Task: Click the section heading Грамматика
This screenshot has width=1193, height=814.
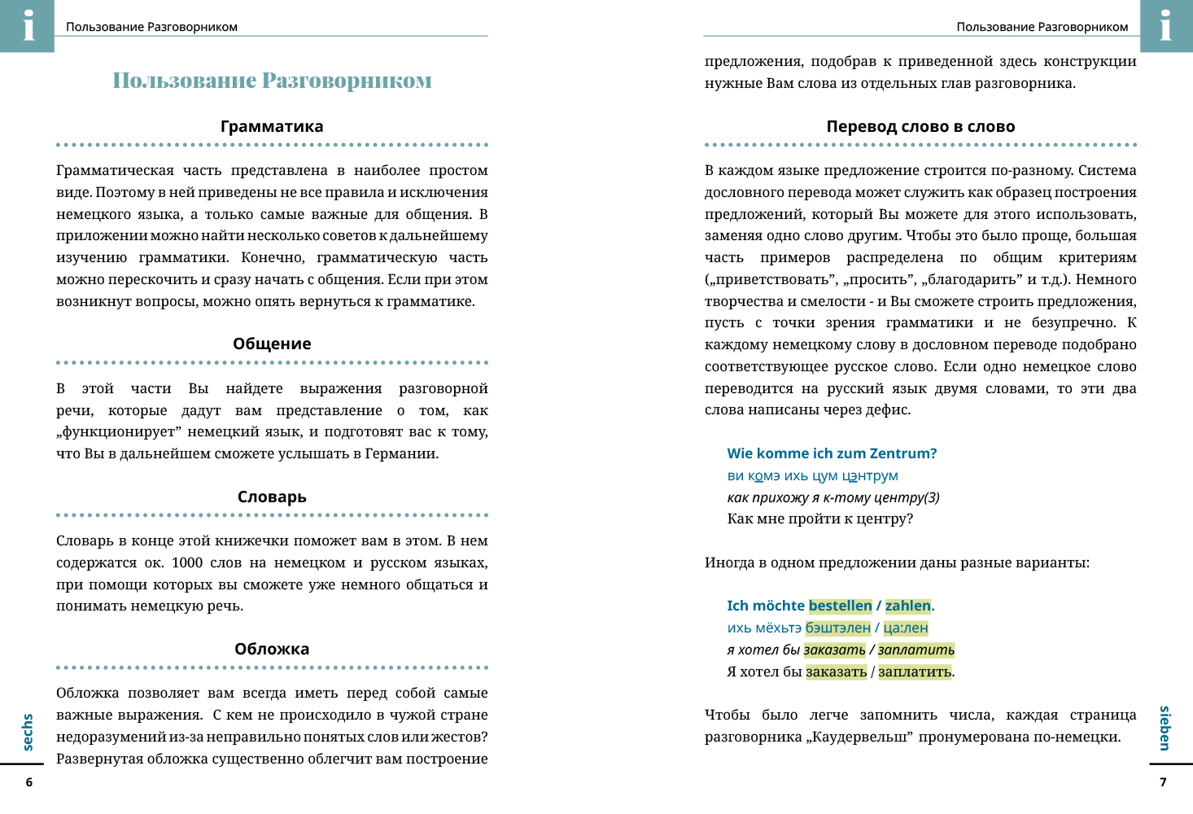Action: tap(272, 126)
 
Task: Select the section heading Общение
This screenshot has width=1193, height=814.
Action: tap(272, 344)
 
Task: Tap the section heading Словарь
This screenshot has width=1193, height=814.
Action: tap(272, 497)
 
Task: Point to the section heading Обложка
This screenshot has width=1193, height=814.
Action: tap(272, 649)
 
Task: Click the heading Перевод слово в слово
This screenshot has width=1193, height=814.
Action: tap(920, 126)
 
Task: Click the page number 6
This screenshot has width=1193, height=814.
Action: tap(29, 782)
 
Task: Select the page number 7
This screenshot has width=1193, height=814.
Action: tap(1163, 782)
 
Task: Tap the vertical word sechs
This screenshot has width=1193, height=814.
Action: tap(28, 732)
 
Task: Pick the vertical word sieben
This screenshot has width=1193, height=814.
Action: tap(1165, 728)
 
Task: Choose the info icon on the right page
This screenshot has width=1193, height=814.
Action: tap(1165, 25)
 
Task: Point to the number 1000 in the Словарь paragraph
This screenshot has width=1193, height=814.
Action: tap(187, 562)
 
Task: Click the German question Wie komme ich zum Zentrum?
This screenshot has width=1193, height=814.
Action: tap(832, 453)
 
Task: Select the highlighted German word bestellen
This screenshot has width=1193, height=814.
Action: tap(840, 606)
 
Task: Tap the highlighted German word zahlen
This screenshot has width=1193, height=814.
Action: tap(907, 606)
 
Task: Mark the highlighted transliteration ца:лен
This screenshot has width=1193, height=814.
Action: tap(905, 628)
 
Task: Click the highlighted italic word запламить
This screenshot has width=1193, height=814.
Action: tap(916, 650)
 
